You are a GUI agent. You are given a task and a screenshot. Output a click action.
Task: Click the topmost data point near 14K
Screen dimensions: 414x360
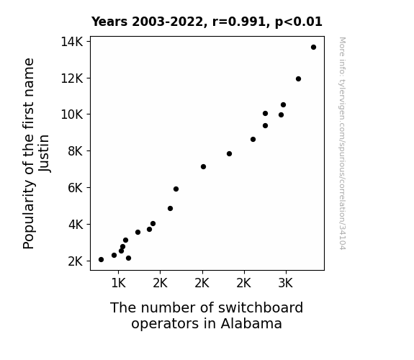pos(313,48)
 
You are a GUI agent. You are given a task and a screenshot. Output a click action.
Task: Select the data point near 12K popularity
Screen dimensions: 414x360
pos(298,78)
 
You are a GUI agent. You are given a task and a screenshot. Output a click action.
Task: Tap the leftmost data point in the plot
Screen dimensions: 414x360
pos(101,260)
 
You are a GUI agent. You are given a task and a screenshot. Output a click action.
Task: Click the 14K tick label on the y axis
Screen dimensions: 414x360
pos(72,42)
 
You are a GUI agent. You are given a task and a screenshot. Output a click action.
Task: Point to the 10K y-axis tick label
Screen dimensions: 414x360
pos(72,114)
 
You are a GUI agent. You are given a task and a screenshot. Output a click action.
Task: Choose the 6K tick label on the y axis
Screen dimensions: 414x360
pos(76,188)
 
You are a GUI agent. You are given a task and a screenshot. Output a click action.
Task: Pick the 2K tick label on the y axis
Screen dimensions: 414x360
pos(76,261)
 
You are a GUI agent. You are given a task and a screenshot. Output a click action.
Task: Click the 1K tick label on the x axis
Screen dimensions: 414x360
pos(118,283)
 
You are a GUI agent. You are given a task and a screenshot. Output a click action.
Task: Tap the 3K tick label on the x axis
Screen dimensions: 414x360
pos(286,283)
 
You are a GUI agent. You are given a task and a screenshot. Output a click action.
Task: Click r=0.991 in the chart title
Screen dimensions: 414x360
pos(239,22)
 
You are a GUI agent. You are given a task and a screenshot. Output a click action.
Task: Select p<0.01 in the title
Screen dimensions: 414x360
pos(299,22)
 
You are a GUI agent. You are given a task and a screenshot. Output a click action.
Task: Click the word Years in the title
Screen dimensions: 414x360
pos(109,22)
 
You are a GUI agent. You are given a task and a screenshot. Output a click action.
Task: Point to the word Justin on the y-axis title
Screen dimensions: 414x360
pos(44,153)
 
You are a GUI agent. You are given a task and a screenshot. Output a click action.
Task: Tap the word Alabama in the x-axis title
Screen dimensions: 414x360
pos(251,323)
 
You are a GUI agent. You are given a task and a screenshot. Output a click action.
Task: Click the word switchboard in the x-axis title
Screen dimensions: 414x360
pos(261,307)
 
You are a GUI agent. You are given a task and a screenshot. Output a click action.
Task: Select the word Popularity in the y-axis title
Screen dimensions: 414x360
pos(29,214)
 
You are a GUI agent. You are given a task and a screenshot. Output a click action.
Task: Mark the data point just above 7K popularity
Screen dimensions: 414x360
pos(203,166)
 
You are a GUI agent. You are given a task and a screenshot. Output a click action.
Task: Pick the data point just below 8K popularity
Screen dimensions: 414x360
pos(229,153)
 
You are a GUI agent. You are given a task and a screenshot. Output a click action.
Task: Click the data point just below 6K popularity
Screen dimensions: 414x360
pos(176,189)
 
